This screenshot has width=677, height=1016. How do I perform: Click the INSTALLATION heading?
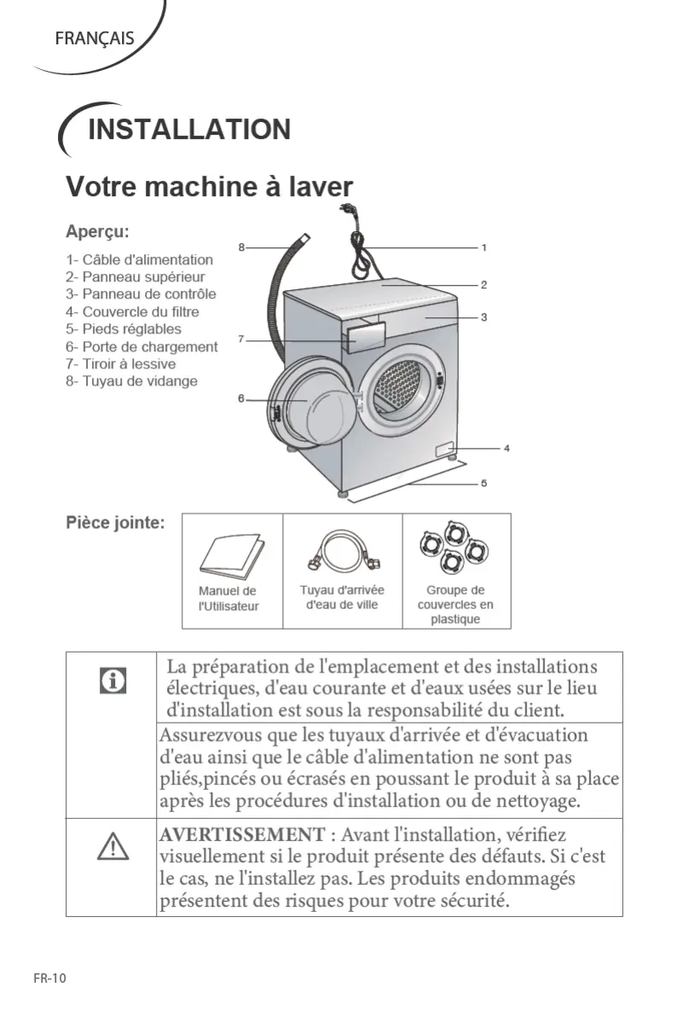click(188, 130)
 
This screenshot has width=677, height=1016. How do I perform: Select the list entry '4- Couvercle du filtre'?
click(132, 311)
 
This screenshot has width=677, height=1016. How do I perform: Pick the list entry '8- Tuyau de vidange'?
click(131, 380)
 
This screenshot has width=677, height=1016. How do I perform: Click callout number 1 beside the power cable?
click(483, 247)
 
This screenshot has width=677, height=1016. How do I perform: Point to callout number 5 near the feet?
click(483, 483)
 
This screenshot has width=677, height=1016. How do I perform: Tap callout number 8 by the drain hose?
click(241, 247)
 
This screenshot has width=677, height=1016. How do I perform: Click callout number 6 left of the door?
click(241, 398)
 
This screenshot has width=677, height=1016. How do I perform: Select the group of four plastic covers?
click(455, 549)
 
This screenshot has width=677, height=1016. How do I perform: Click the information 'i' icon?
click(112, 681)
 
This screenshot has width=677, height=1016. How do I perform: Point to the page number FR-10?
click(49, 978)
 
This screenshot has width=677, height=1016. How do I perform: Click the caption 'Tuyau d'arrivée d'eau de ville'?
click(342, 597)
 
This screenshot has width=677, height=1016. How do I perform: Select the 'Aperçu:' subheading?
click(98, 231)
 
